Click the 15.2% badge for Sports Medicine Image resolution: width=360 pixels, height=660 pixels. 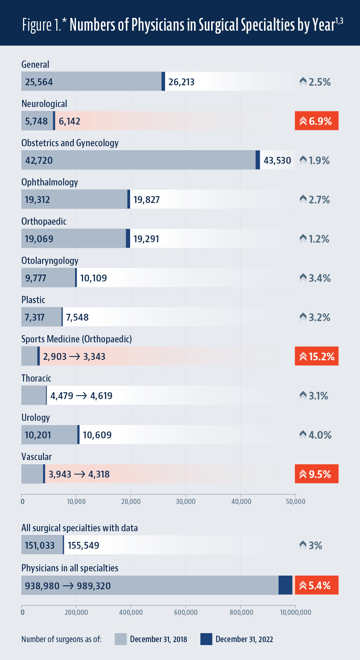pyautogui.click(x=316, y=356)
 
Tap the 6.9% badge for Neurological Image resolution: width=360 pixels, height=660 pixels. pyautogui.click(x=316, y=121)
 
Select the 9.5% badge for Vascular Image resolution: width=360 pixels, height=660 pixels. pyautogui.click(x=316, y=474)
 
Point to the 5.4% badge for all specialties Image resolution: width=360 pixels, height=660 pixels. pyautogui.click(x=316, y=585)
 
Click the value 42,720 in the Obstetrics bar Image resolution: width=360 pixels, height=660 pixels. pyautogui.click(x=39, y=160)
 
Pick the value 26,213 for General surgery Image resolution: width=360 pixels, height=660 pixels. pyautogui.click(x=181, y=82)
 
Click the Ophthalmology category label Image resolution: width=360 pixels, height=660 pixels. pyautogui.click(x=49, y=182)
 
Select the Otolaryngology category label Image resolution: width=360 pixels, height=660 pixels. pyautogui.click(x=50, y=261)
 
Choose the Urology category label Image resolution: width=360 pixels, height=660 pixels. pyautogui.click(x=36, y=417)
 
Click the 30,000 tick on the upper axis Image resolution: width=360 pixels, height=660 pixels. pyautogui.click(x=186, y=502)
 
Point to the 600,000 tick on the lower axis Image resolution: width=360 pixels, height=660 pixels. pyautogui.click(x=186, y=613)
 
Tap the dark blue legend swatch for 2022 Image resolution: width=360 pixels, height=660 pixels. pyautogui.click(x=206, y=639)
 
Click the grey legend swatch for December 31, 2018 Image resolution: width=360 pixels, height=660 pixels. pyautogui.click(x=121, y=639)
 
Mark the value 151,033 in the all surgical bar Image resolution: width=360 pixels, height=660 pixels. pyautogui.click(x=41, y=545)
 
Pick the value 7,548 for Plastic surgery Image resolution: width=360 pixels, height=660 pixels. pyautogui.click(x=77, y=317)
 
